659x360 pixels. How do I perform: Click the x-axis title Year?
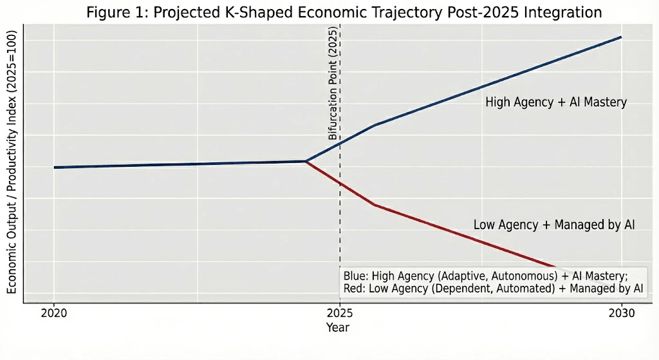tap(337, 328)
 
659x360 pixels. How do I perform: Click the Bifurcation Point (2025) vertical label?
tap(333, 84)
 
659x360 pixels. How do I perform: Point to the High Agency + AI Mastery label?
tap(555, 102)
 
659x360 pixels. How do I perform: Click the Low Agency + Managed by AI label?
tap(554, 225)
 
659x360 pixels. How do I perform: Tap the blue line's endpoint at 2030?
tap(621, 37)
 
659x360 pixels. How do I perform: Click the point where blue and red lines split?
tap(306, 161)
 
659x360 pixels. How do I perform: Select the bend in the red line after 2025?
tap(374, 205)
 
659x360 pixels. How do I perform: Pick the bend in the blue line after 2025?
tap(374, 125)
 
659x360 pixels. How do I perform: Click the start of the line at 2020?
tap(54, 167)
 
